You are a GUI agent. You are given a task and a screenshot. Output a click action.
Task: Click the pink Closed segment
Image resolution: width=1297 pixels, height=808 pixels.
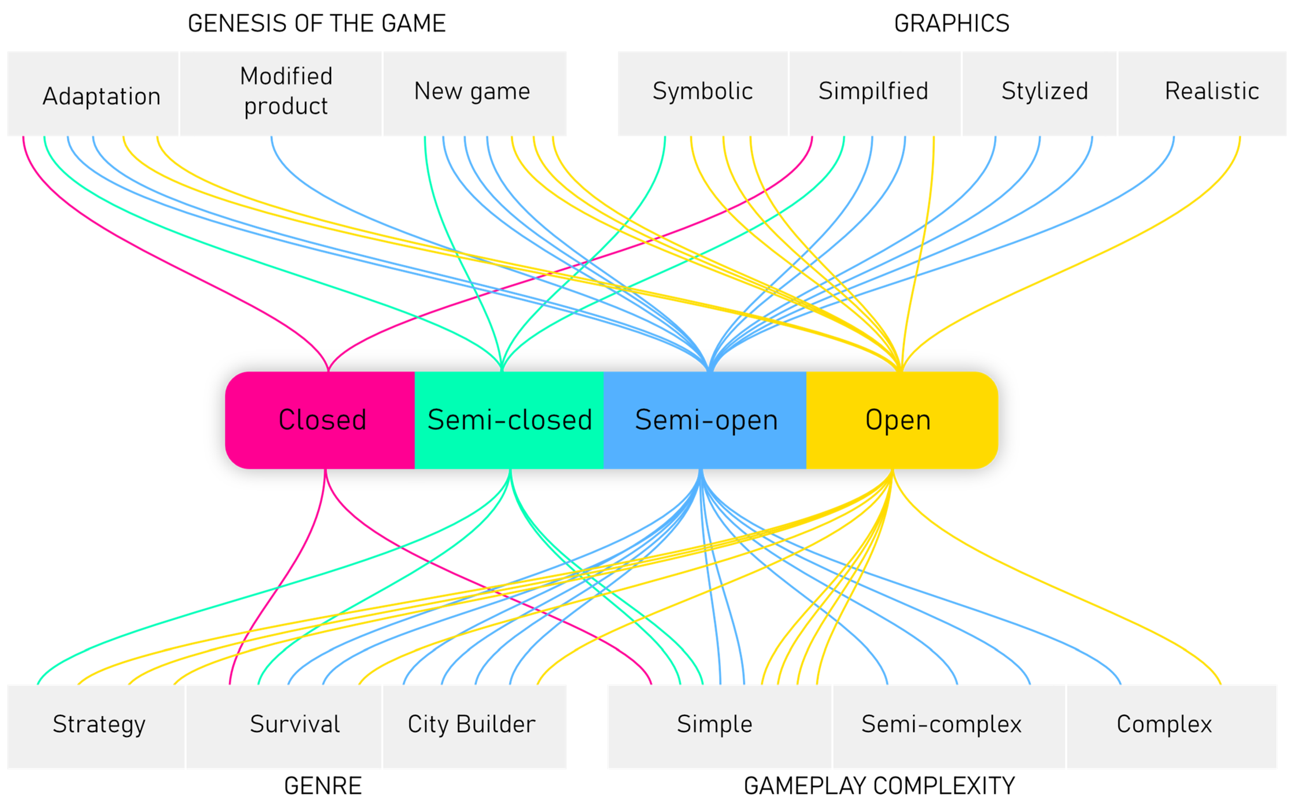pyautogui.click(x=321, y=420)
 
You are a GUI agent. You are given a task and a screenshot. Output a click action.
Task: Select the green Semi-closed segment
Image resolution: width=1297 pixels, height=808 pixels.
pyautogui.click(x=509, y=420)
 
